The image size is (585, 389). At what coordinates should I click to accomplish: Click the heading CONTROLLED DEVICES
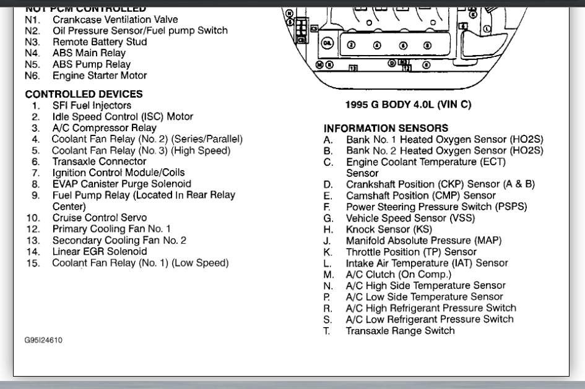[x=84, y=94]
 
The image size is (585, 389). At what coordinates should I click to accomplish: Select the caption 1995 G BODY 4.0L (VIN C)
[x=408, y=105]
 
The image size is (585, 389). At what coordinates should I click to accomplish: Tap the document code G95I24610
[x=43, y=340]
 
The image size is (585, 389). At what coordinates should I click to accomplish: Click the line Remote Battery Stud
[x=100, y=42]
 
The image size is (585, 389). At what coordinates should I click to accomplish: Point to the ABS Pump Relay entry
[x=92, y=64]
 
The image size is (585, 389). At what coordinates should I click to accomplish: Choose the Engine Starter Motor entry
[x=100, y=75]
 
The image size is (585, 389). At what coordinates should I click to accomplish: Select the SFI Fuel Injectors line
[x=92, y=106]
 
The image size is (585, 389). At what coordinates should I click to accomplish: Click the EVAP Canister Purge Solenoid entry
[x=121, y=184]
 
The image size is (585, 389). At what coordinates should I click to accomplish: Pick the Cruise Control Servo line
[x=100, y=218]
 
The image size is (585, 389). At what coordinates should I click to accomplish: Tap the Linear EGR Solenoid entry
[x=100, y=252]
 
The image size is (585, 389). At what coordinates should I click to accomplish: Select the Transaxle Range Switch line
[x=400, y=331]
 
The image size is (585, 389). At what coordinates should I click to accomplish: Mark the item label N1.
[x=32, y=20]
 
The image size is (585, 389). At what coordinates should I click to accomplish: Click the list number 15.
[x=33, y=263]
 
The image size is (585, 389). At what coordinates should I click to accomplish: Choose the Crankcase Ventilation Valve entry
[x=115, y=20]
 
